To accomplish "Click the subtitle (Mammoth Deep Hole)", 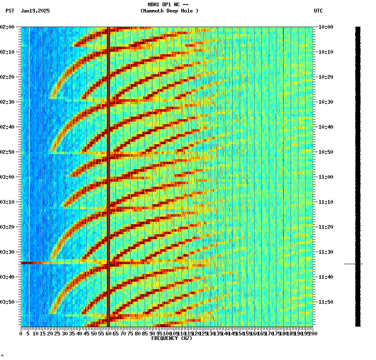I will click(169, 11).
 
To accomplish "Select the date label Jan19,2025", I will click(35, 11).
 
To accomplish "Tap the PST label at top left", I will click(10, 11).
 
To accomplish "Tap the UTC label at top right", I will click(318, 11).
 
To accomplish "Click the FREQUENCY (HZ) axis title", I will click(171, 338).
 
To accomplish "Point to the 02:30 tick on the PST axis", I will click(7, 102).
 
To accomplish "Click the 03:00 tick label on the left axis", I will click(7, 177).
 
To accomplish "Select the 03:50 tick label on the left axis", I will click(7, 302).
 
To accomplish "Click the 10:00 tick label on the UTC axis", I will click(326, 27).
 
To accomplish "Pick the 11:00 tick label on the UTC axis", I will click(326, 177).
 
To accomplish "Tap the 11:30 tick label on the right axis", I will click(326, 252).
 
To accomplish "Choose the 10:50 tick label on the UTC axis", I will click(326, 152).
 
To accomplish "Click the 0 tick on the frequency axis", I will click(21, 334).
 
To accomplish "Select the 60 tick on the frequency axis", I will click(108, 334).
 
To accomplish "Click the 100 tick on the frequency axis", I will click(166, 334).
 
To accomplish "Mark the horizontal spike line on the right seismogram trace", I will click(353, 264).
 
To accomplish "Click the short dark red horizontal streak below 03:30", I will click(33, 263).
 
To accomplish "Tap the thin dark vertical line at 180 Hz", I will click(283, 167).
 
